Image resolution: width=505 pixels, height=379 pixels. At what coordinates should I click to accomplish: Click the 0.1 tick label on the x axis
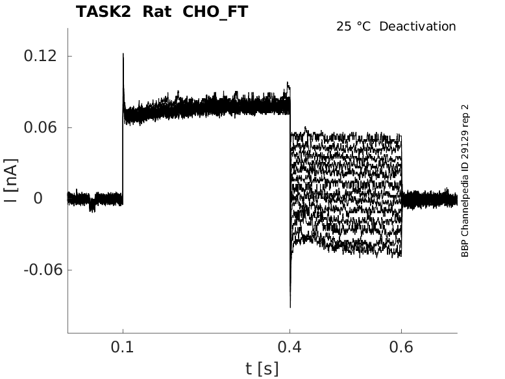tap(123, 348)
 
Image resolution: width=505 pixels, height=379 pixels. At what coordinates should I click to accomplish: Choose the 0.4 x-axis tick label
tap(289, 348)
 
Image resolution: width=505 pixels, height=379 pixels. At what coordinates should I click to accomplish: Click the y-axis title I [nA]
tap(10, 182)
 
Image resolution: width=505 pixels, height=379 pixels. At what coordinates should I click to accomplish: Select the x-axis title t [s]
tap(262, 369)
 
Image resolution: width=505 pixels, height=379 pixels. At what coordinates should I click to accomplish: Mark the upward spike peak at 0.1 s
tap(123, 54)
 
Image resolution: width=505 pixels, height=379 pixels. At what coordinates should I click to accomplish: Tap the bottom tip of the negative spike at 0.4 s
tap(290, 307)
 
